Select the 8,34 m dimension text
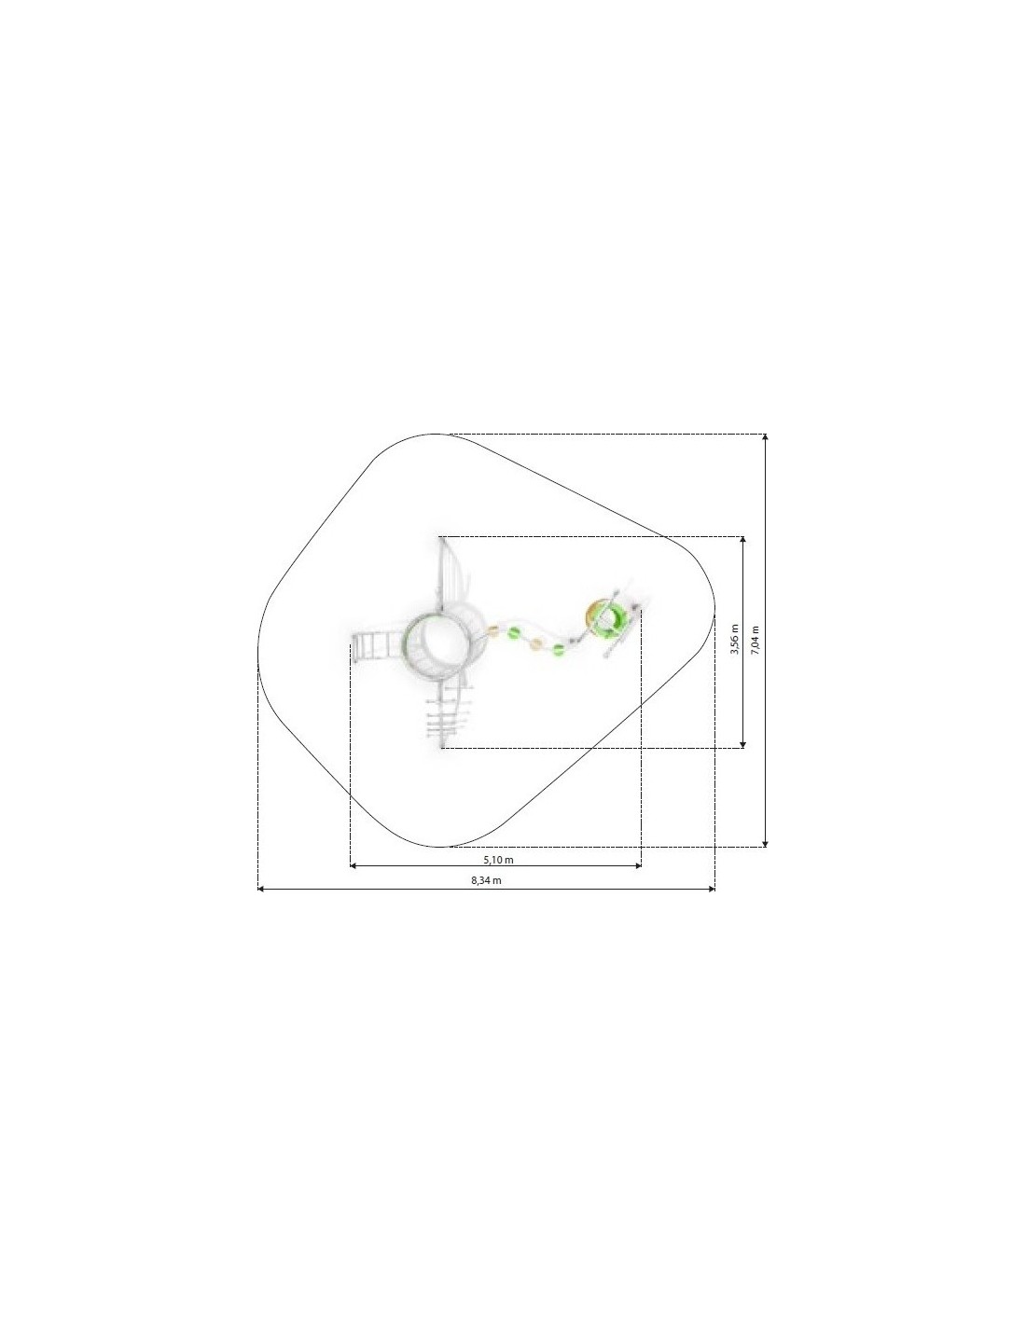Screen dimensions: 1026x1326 click(x=487, y=880)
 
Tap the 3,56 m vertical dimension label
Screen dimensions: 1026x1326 click(x=734, y=640)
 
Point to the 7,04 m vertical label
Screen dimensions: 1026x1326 click(x=755, y=640)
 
